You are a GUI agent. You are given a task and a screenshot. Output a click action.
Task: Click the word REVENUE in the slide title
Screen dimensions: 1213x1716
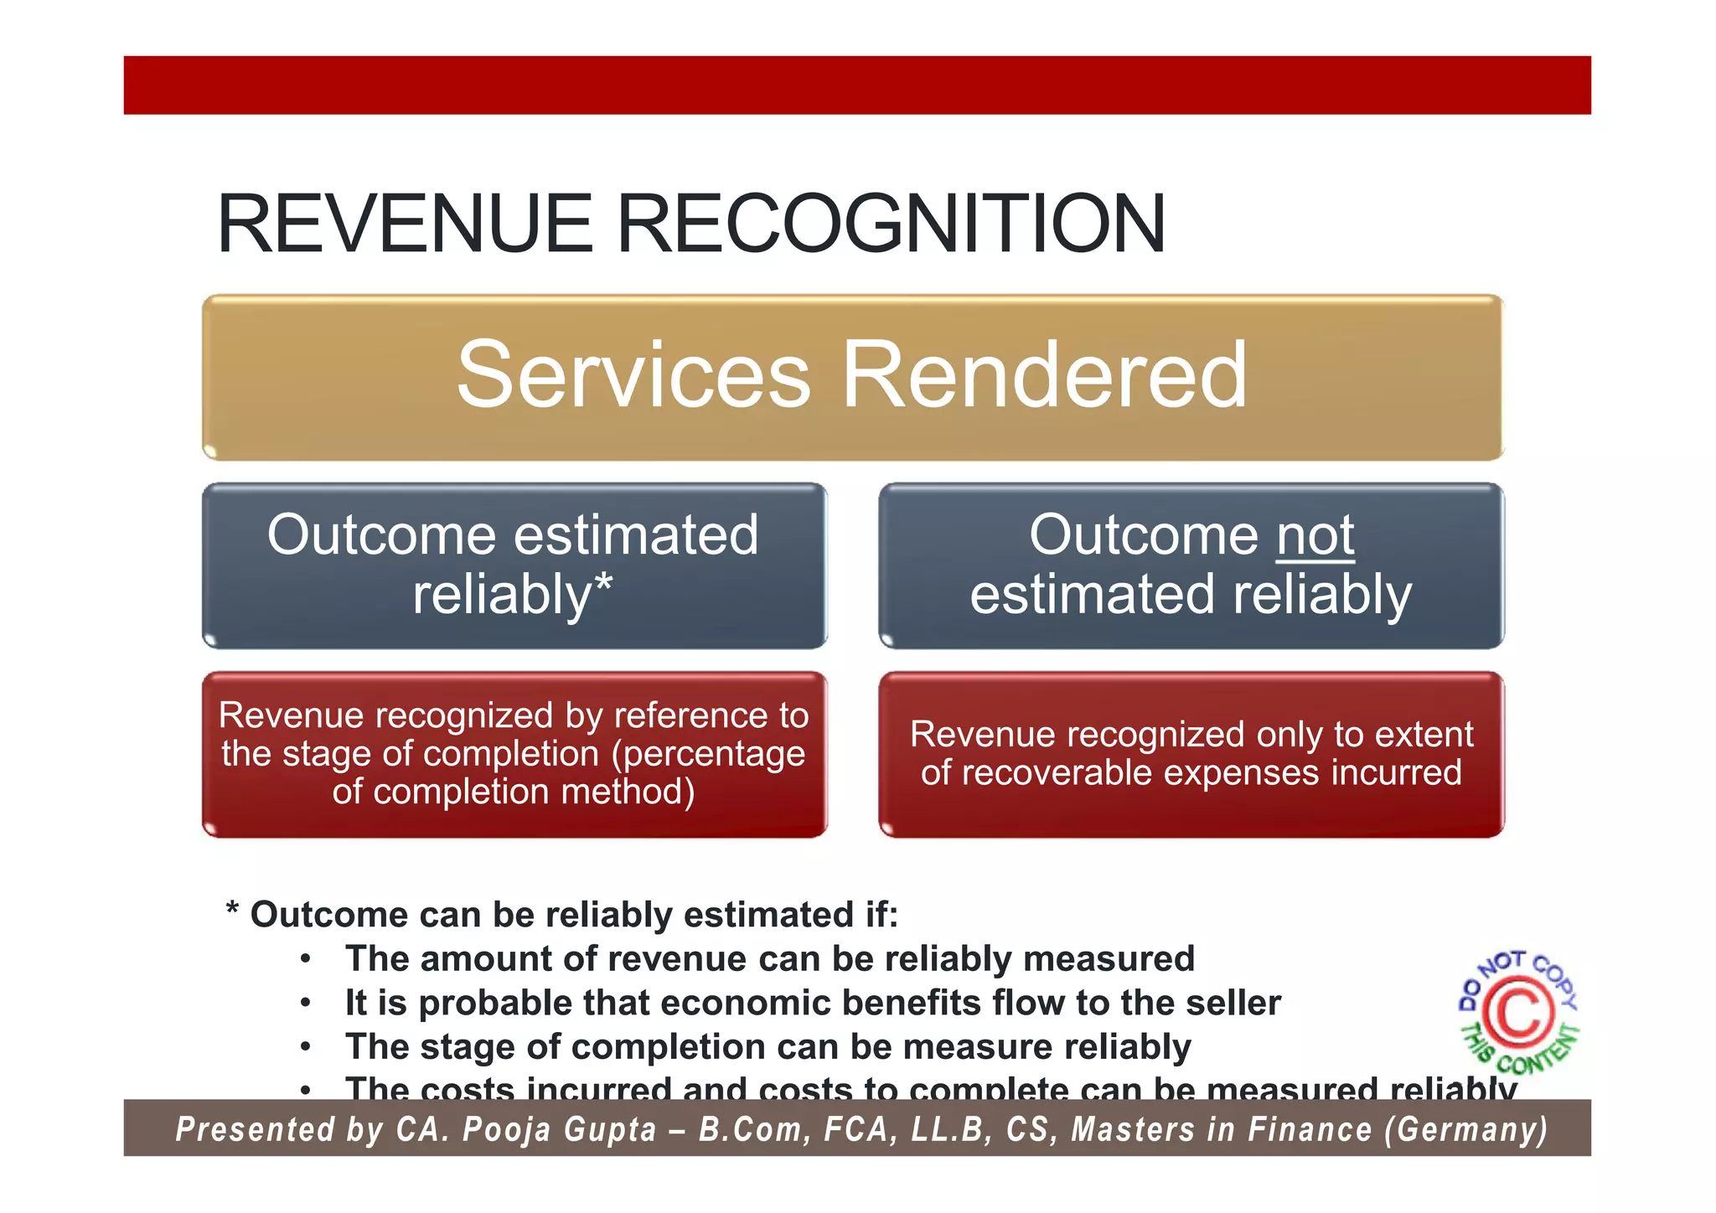coord(405,224)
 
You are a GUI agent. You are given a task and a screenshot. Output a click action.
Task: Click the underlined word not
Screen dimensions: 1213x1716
coord(1315,534)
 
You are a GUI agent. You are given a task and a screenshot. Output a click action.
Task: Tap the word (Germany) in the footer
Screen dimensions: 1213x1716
coord(1465,1129)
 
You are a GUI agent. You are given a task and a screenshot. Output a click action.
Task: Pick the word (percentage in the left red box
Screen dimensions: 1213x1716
coord(709,753)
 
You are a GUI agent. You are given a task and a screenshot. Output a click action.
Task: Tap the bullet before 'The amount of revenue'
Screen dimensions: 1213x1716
coord(307,959)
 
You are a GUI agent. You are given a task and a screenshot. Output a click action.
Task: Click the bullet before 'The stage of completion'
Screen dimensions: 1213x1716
coord(307,1047)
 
